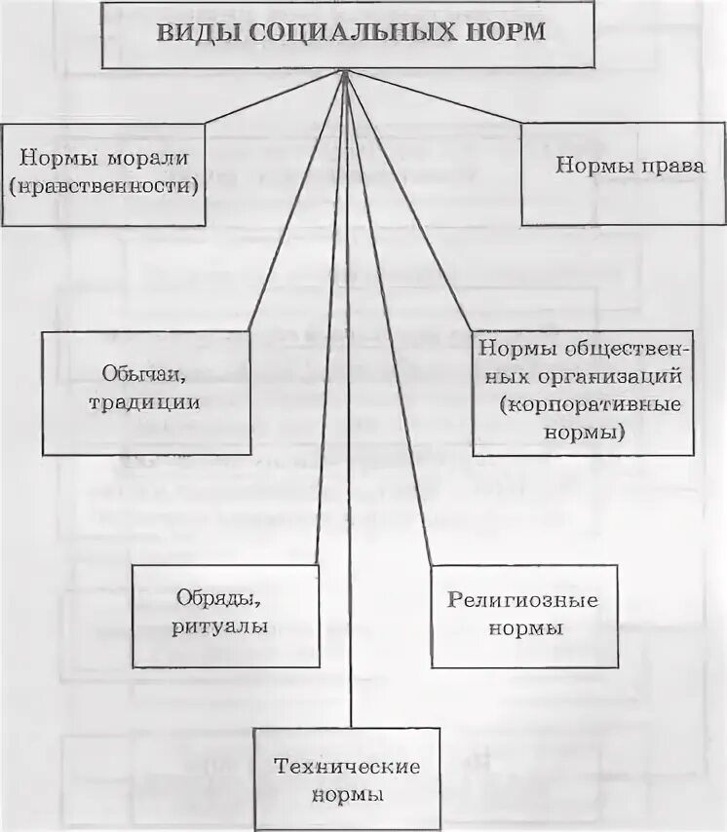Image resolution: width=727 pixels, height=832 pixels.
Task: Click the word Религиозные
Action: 522,600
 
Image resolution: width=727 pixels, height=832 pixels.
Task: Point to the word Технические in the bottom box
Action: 348,767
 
